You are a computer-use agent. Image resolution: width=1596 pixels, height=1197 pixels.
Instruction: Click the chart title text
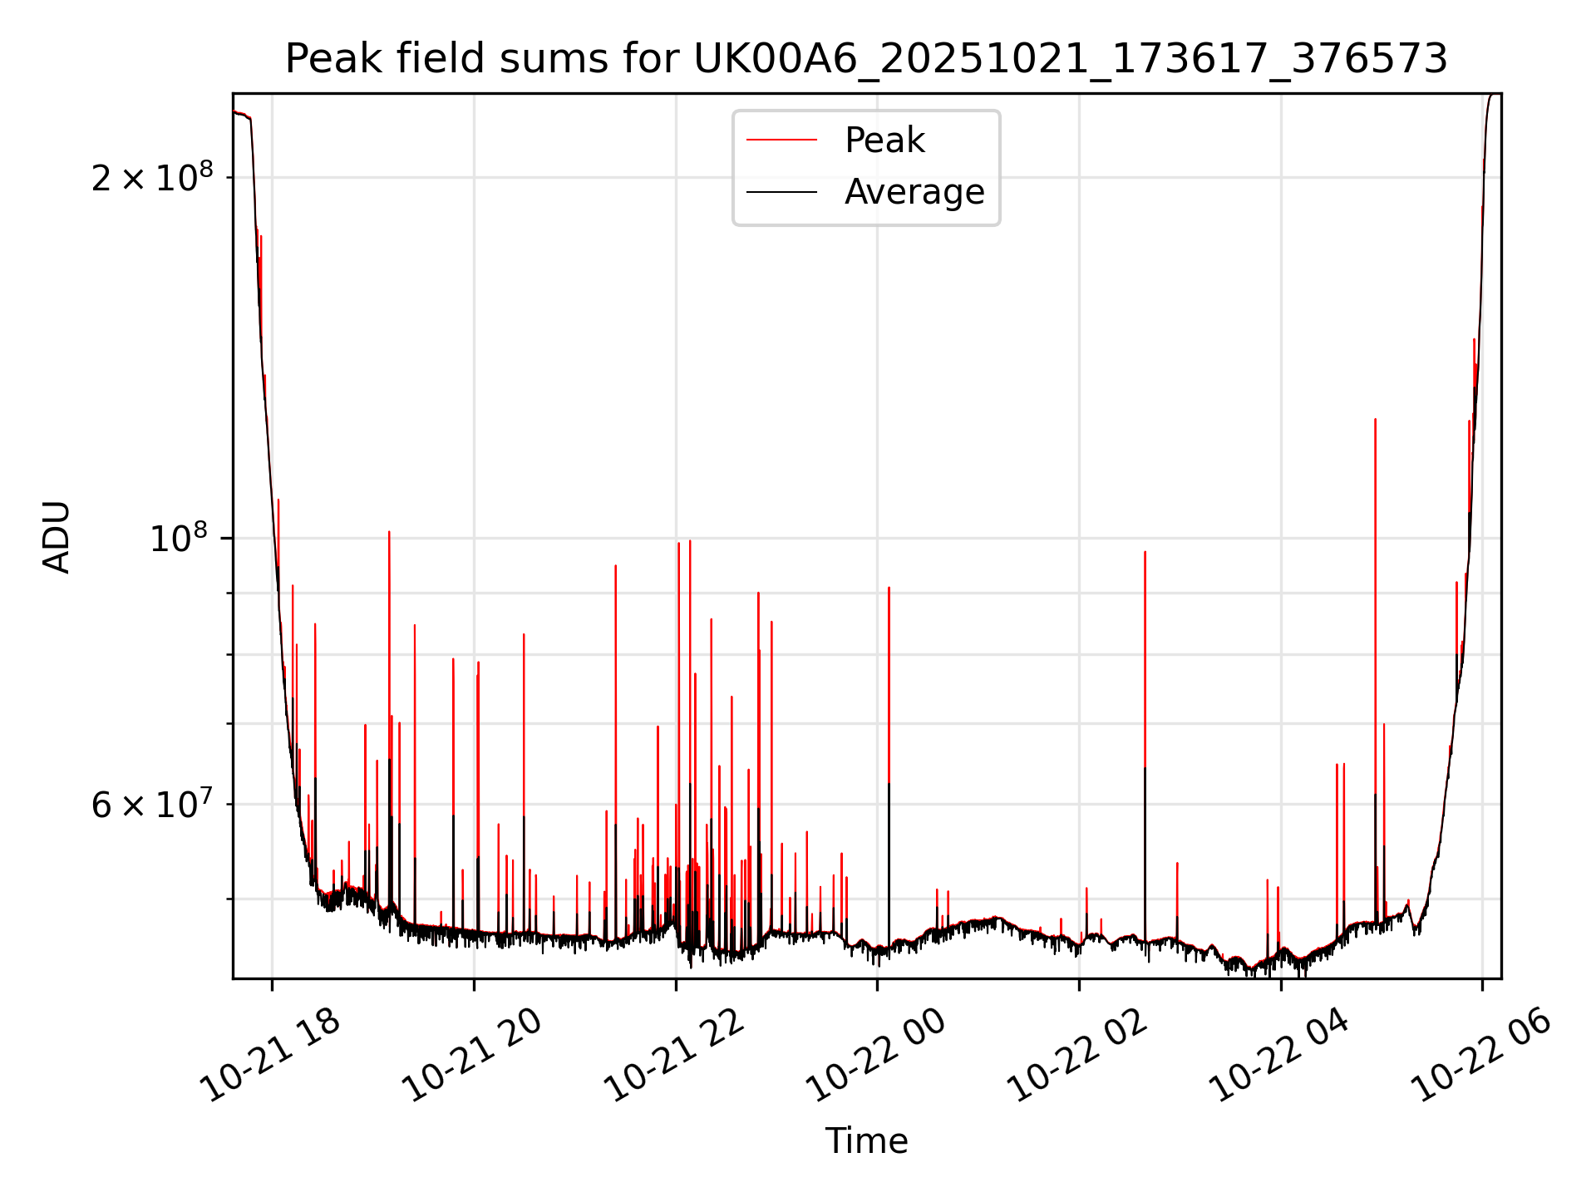(866, 60)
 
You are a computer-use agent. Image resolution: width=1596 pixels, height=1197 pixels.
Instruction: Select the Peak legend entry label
(884, 140)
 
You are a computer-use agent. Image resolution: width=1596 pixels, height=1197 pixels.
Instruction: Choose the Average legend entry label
(914, 192)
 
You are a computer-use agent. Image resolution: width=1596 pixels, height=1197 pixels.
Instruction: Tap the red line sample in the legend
(781, 140)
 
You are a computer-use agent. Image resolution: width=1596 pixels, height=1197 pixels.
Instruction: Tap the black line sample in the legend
(781, 192)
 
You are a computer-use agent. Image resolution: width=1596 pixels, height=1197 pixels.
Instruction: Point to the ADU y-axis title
(57, 536)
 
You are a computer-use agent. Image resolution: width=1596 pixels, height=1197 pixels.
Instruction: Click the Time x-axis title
(866, 1141)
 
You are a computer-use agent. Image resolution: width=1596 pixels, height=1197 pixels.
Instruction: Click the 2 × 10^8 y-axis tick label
(152, 178)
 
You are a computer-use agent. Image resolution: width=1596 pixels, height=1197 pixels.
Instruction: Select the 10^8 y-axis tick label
(181, 539)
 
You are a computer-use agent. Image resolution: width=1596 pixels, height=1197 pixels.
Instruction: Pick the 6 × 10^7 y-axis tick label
(152, 805)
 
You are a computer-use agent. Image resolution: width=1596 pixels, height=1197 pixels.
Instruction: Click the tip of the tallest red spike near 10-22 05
(1375, 419)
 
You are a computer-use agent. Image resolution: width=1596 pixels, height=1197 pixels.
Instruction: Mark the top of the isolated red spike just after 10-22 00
(889, 588)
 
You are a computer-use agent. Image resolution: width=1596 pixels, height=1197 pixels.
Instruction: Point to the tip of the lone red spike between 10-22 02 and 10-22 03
(1145, 552)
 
